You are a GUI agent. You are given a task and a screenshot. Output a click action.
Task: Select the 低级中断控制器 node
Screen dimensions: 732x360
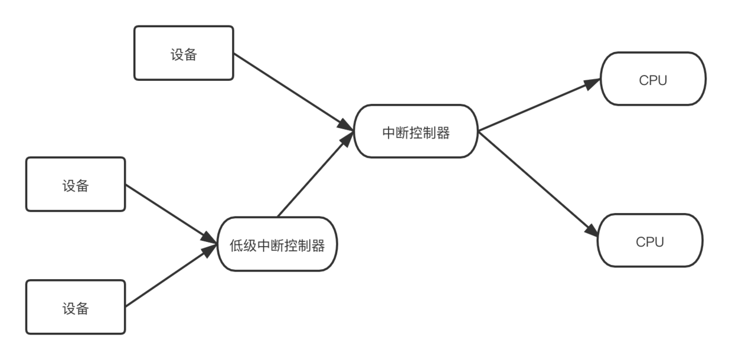click(277, 245)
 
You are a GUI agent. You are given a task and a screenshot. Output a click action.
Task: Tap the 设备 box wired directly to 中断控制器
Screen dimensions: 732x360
click(184, 53)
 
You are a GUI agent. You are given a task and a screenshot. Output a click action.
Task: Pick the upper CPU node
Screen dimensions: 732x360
click(653, 79)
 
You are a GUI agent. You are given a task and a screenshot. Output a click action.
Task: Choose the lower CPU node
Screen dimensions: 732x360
click(650, 241)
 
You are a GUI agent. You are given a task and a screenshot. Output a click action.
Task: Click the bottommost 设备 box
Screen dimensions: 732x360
click(76, 307)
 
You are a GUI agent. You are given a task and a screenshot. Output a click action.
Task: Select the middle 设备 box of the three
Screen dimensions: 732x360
click(76, 184)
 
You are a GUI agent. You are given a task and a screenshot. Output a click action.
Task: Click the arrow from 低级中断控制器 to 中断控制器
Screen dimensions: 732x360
click(312, 175)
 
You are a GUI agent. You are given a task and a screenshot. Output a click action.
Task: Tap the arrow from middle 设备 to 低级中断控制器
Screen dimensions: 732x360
click(171, 214)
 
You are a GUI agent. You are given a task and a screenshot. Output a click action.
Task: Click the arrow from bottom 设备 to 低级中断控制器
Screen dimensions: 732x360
click(171, 277)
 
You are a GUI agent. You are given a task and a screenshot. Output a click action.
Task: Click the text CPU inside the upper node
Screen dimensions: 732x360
click(653, 80)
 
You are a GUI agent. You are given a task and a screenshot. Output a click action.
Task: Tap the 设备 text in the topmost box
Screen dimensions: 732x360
click(184, 55)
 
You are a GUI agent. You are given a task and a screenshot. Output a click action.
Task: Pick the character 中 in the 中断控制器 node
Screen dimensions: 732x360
click(389, 133)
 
